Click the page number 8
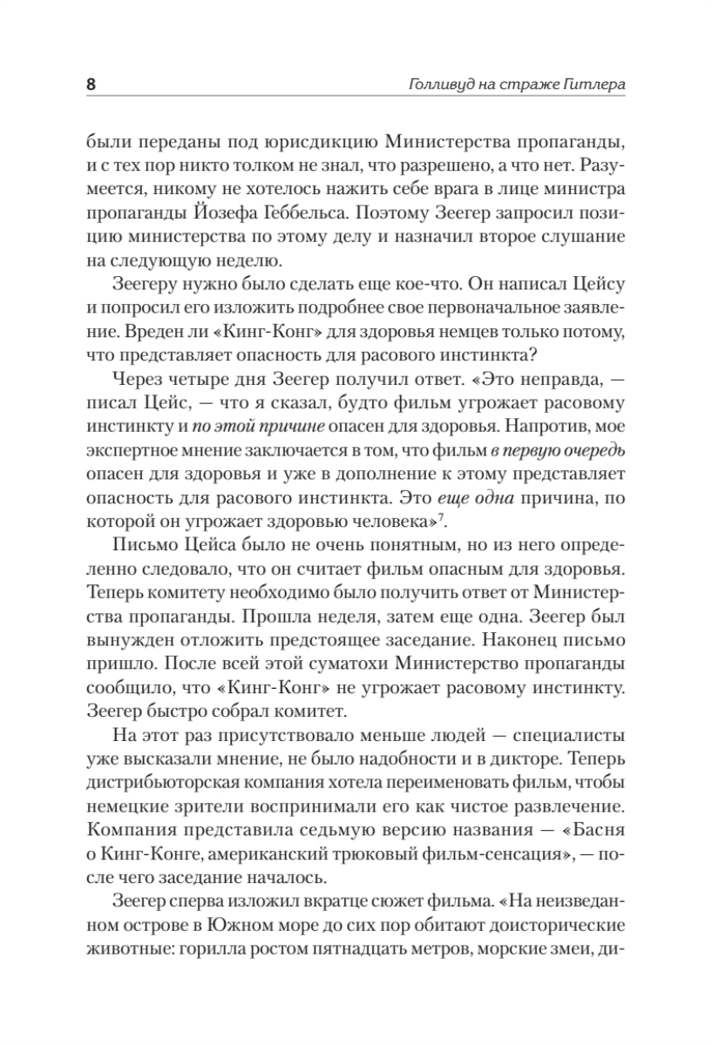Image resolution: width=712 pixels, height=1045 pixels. [x=91, y=85]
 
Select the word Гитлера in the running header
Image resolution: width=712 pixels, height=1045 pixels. [x=593, y=85]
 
